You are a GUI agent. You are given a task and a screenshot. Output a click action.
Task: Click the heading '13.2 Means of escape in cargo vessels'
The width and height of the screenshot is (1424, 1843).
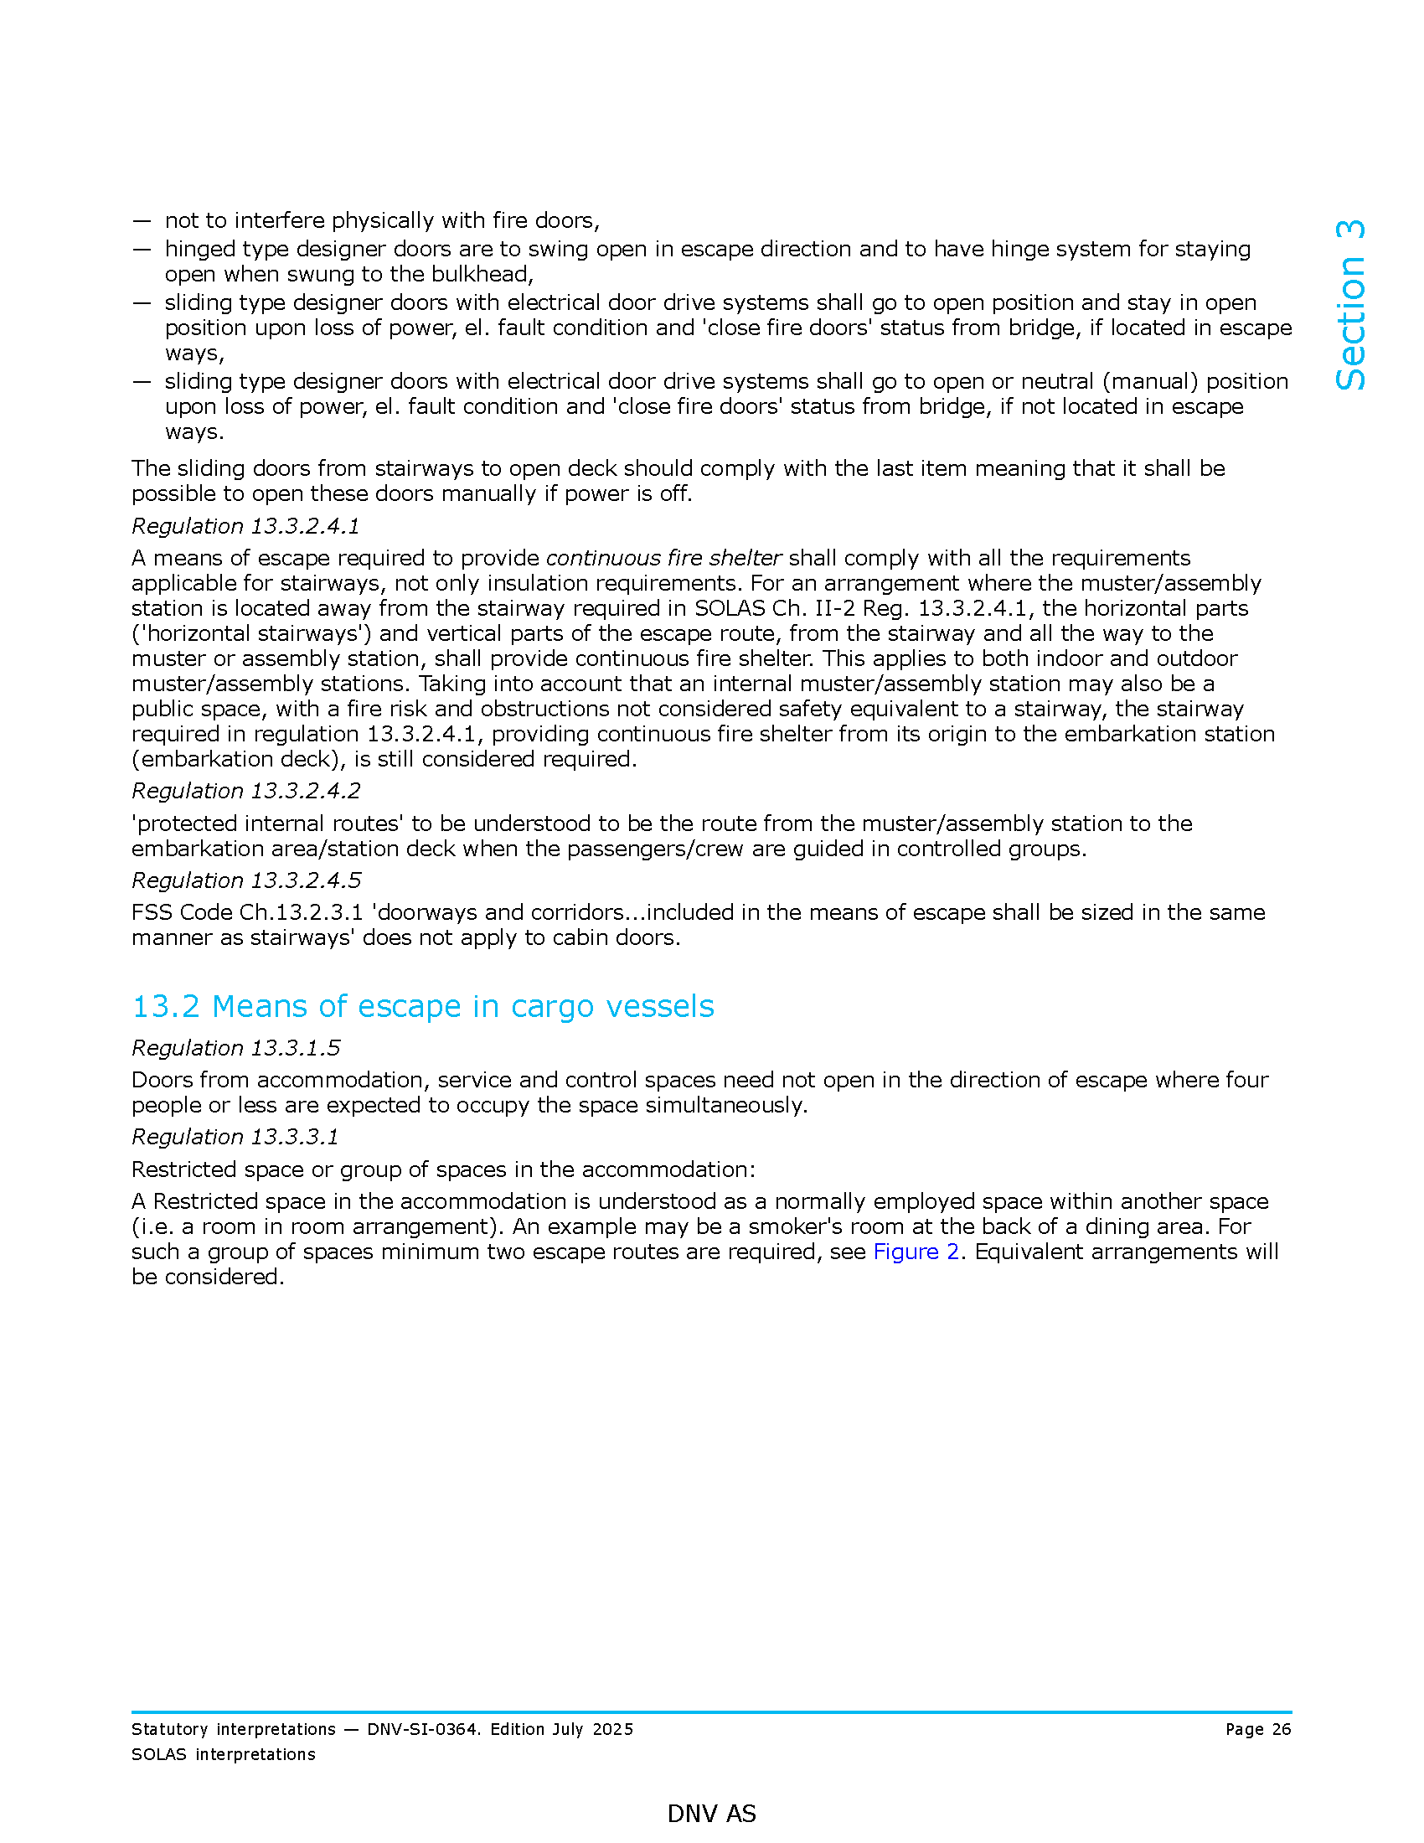423,1007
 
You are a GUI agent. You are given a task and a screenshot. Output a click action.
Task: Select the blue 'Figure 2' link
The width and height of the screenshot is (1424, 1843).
916,1252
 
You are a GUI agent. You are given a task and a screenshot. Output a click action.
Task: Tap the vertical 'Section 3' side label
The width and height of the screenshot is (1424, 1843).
1350,306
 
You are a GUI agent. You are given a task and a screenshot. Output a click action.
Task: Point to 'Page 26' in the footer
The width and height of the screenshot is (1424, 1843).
1258,1729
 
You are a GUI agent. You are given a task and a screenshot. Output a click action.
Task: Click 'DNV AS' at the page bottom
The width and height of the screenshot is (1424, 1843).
711,1814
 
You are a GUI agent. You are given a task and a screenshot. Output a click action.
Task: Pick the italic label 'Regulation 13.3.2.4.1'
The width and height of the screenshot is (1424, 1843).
245,526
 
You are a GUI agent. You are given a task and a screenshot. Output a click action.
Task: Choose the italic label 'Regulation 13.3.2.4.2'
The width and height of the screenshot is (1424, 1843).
246,791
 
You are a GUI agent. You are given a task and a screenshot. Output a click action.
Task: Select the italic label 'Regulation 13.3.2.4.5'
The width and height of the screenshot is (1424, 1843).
246,880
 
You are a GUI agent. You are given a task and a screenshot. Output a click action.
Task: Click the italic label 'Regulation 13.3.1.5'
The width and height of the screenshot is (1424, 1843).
236,1048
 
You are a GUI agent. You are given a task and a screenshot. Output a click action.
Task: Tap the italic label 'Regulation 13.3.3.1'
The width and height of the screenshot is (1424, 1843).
235,1137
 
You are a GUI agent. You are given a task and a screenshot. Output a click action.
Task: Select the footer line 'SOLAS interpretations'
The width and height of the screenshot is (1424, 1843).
224,1754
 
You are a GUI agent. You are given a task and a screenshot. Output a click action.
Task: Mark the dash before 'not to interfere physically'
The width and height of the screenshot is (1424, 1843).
141,221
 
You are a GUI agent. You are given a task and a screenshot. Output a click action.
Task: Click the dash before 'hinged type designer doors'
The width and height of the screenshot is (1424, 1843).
141,250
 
